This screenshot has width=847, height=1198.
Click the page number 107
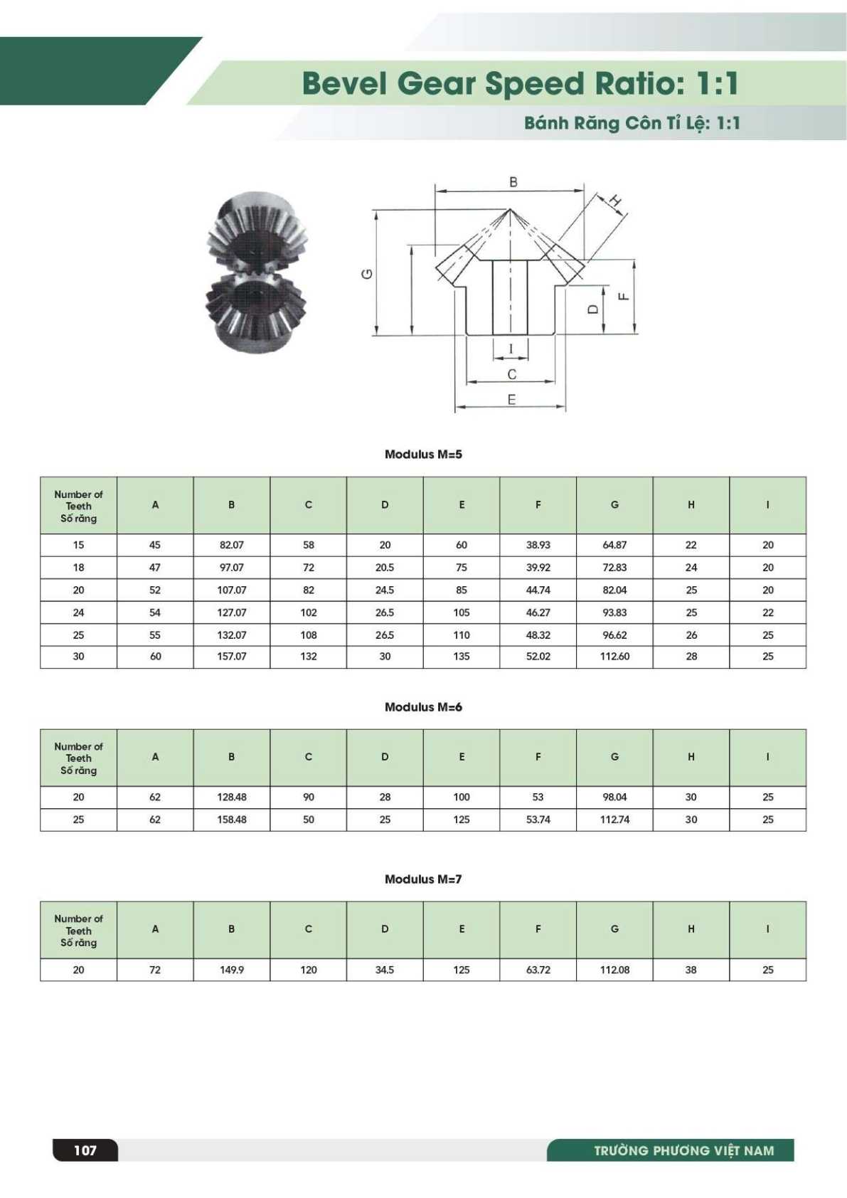click(85, 1150)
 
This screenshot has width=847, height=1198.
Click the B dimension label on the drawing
click(513, 182)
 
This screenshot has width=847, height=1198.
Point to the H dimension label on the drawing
click(617, 201)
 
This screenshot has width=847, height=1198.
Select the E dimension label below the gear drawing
click(511, 400)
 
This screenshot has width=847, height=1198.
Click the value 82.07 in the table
click(232, 545)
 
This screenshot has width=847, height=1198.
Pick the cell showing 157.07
click(232, 657)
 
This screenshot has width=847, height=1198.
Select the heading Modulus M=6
click(423, 707)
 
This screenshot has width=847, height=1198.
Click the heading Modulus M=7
click(423, 879)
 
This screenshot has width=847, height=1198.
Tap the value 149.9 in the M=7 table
click(232, 970)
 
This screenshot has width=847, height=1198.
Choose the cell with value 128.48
click(232, 797)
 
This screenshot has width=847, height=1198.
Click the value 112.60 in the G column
click(614, 657)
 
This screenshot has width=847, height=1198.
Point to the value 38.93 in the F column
click(538, 545)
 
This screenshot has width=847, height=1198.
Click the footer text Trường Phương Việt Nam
click(683, 1150)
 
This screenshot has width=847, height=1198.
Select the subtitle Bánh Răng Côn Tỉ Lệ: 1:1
click(632, 123)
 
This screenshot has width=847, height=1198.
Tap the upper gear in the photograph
click(256, 231)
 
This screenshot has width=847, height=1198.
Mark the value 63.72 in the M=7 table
click(538, 970)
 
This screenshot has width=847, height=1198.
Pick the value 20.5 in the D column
click(385, 568)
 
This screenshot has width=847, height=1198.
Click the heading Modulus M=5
click(423, 455)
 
